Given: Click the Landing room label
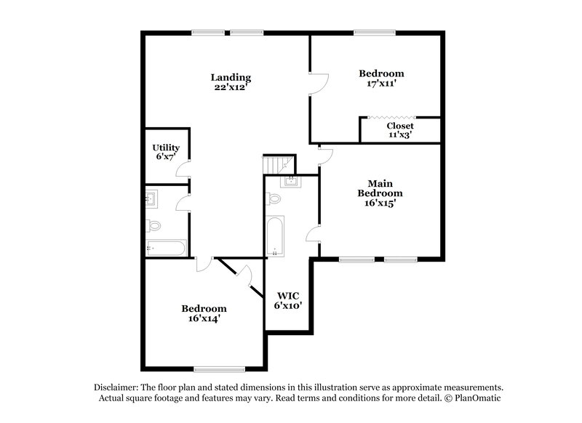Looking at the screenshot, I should point(231,77).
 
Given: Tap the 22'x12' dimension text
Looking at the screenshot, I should point(231,88).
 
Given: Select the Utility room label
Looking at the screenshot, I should point(166,148).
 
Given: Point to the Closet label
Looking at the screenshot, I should point(400,126).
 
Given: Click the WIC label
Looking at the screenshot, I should point(287,296).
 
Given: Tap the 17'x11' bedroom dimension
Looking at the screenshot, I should point(381,84).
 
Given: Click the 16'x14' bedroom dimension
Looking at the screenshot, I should point(204,318).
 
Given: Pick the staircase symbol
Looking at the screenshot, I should point(277,164).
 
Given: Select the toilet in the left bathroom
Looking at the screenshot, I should point(154,225).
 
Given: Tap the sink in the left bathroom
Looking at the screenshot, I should point(152,197).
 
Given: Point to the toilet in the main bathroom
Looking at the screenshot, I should point(274,198).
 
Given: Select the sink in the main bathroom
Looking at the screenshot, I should point(291,181).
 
